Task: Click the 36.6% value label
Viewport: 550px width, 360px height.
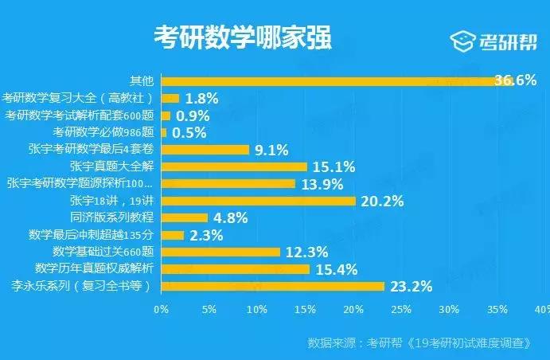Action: click(515, 80)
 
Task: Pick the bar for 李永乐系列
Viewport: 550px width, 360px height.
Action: click(273, 286)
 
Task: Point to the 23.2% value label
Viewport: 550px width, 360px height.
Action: click(411, 286)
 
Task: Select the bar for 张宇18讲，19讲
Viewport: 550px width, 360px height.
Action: click(259, 201)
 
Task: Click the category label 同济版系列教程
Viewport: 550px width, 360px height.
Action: click(118, 217)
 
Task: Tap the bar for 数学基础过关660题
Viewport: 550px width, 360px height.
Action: click(220, 252)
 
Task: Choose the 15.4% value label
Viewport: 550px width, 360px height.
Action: click(336, 269)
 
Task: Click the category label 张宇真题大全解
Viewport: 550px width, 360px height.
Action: click(118, 166)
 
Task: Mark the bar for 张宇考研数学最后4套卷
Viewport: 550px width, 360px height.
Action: click(205, 150)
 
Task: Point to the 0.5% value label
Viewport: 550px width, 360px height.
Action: click(189, 132)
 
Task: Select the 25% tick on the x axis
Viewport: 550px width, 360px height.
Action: click(401, 309)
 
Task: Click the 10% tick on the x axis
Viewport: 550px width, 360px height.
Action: click(257, 309)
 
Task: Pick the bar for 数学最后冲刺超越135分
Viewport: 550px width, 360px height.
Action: click(173, 235)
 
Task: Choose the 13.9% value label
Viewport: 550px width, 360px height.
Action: click(322, 184)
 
